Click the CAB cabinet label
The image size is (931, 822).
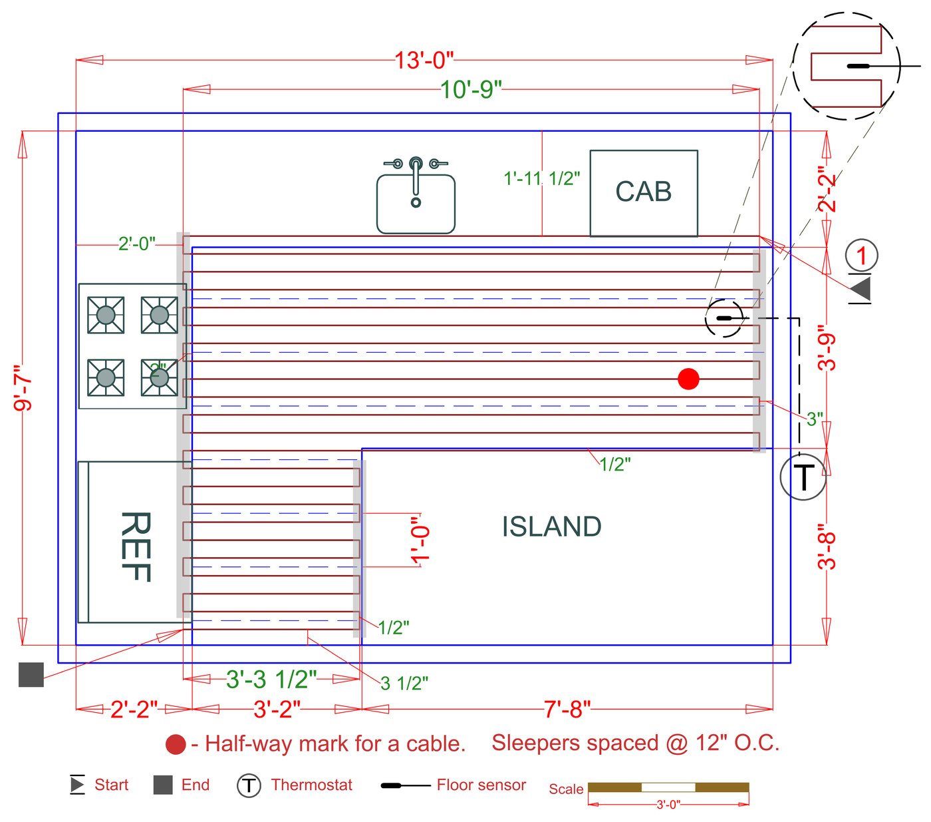pos(643,192)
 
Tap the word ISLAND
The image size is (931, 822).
pos(551,527)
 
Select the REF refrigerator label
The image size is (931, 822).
pos(136,546)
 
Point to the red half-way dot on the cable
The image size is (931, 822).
pos(688,379)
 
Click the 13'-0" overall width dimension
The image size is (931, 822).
pos(424,61)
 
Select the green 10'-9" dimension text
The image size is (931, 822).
pos(471,89)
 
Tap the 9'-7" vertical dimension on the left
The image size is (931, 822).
pos(23,387)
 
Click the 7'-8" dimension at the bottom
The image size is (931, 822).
pos(567,710)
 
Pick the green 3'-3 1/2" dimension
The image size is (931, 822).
pos(271,680)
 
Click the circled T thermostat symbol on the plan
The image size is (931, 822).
pos(803,477)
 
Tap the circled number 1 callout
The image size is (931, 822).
pos(862,256)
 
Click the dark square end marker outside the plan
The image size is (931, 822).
pos(31,674)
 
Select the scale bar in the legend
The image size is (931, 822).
pos(668,788)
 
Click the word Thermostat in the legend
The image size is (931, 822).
pos(311,785)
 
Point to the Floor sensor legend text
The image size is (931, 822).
pos(481,785)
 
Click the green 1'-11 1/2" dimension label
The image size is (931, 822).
pos(541,178)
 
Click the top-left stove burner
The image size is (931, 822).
pos(106,315)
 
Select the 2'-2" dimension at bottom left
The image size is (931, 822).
pos(134,710)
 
